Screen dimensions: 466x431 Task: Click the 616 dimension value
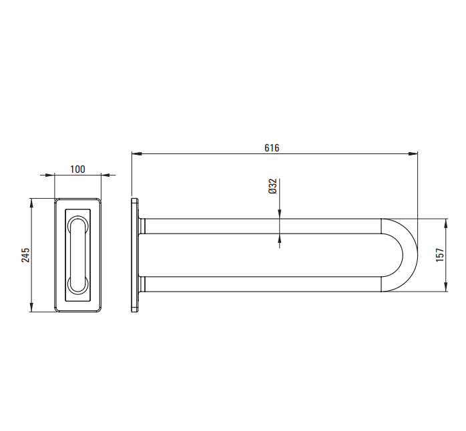pyautogui.click(x=272, y=147)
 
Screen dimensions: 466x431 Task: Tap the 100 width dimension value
pyautogui.click(x=77, y=169)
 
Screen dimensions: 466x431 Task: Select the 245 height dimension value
pyautogui.click(x=25, y=255)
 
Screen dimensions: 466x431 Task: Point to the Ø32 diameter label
pyautogui.click(x=272, y=186)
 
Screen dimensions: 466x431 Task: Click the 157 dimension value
pyautogui.click(x=440, y=255)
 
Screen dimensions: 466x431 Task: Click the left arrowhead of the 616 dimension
pyautogui.click(x=136, y=153)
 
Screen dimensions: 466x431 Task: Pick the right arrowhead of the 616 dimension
pyautogui.click(x=413, y=153)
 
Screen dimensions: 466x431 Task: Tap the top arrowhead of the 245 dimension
pyautogui.click(x=32, y=203)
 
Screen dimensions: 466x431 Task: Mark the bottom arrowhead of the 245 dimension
pyautogui.click(x=32, y=307)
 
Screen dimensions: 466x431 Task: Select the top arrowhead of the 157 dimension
pyautogui.click(x=445, y=224)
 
